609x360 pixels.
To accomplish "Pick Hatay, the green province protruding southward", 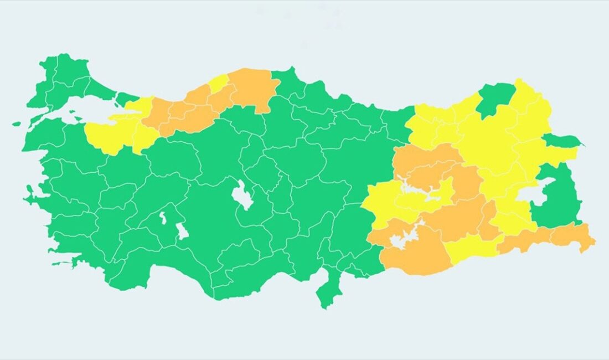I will (326, 290).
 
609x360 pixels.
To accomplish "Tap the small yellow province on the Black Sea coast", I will (219, 83).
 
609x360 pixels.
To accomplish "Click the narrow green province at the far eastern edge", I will (562, 141).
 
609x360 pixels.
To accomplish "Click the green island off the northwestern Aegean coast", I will (16, 124).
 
